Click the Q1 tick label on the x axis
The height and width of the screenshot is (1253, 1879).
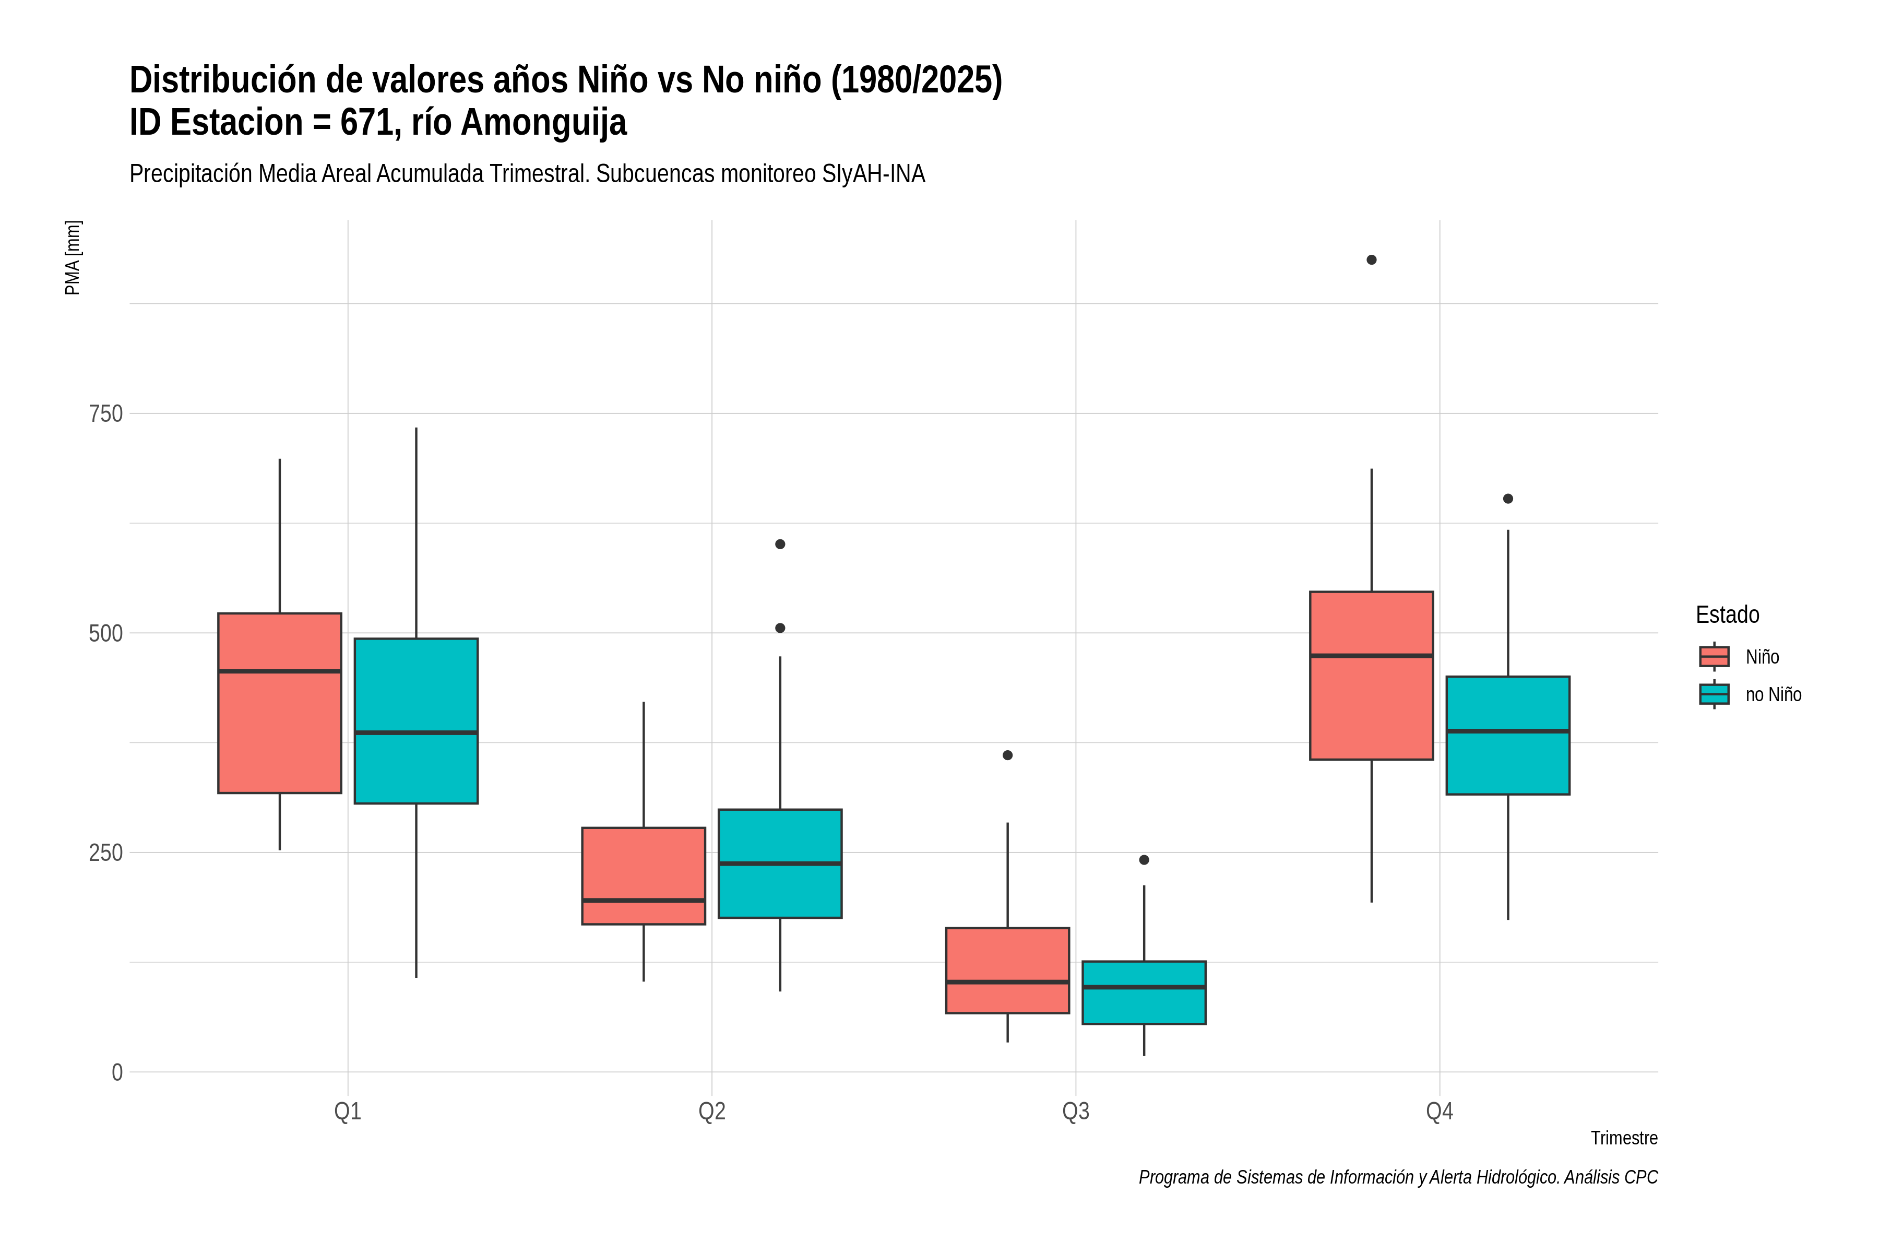pyautogui.click(x=348, y=1112)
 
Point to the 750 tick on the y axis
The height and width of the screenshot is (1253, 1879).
pyautogui.click(x=105, y=414)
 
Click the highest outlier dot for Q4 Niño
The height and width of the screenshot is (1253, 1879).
pyautogui.click(x=1372, y=259)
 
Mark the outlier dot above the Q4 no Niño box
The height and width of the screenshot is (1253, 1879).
pyautogui.click(x=1508, y=499)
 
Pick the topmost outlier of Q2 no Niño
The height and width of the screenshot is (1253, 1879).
pyautogui.click(x=780, y=544)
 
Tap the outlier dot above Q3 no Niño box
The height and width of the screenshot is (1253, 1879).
pyautogui.click(x=1144, y=860)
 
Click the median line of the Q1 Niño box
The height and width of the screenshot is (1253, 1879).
pyautogui.click(x=280, y=671)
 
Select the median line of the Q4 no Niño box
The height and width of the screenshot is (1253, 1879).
pyautogui.click(x=1508, y=731)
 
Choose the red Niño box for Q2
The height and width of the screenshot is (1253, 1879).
pyautogui.click(x=644, y=876)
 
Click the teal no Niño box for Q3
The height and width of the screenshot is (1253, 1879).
pyautogui.click(x=1144, y=992)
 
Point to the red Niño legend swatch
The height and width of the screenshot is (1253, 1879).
pyautogui.click(x=1715, y=657)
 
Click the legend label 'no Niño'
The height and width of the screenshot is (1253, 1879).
pyautogui.click(x=1774, y=694)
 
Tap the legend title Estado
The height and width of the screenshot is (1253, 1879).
pyautogui.click(x=1727, y=614)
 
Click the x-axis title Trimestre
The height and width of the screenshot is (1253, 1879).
pyautogui.click(x=1624, y=1138)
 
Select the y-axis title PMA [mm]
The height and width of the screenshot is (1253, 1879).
pyautogui.click(x=73, y=257)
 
